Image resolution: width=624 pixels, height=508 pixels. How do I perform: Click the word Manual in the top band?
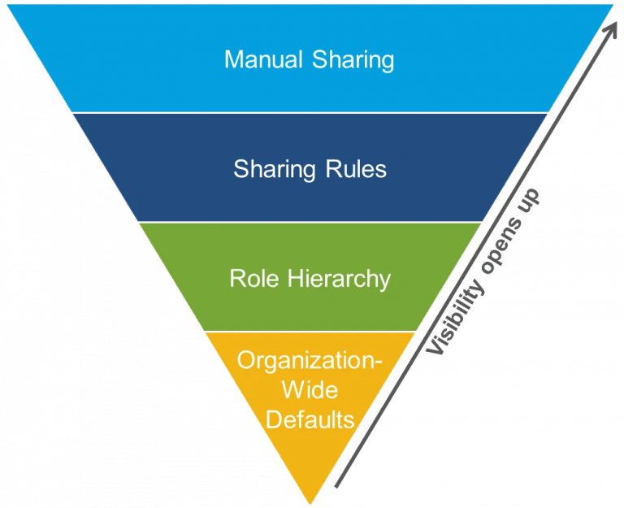pyautogui.click(x=259, y=60)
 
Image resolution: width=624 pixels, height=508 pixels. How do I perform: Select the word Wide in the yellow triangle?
pyautogui.click(x=310, y=391)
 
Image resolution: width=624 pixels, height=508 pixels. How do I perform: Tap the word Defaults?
pyautogui.click(x=310, y=420)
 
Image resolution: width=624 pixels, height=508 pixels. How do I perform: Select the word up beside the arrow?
pyautogui.click(x=531, y=198)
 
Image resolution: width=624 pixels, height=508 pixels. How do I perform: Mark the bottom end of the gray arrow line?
pyautogui.click(x=335, y=487)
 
